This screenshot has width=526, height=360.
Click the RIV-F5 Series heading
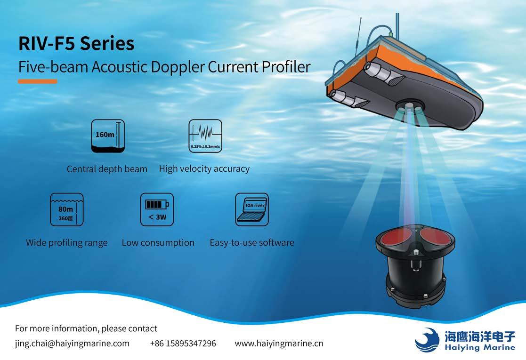[x=76, y=44]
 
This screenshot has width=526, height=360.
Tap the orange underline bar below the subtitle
[x=38, y=81]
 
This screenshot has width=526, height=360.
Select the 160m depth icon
[x=108, y=136]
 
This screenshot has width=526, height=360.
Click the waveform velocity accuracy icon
[x=205, y=136]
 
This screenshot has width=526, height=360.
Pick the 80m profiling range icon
[x=67, y=209]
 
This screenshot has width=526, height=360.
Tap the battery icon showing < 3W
[x=157, y=209]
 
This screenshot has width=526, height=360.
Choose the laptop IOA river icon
[x=252, y=209]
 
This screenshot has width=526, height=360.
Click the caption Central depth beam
[x=107, y=169]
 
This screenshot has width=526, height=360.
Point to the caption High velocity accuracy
[x=204, y=168]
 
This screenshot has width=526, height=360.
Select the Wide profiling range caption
[x=67, y=243]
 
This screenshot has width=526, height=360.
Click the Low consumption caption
[x=158, y=243]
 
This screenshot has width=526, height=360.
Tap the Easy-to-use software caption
[x=252, y=242]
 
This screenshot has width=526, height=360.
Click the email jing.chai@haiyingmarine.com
[x=72, y=344]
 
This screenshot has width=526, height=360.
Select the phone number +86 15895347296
[x=183, y=344]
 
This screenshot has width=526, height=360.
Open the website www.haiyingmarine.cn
[x=279, y=344]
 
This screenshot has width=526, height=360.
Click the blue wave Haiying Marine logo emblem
[x=427, y=340]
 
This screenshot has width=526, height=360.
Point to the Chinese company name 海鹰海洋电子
[x=480, y=336]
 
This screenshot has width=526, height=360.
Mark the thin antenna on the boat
[x=358, y=37]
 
